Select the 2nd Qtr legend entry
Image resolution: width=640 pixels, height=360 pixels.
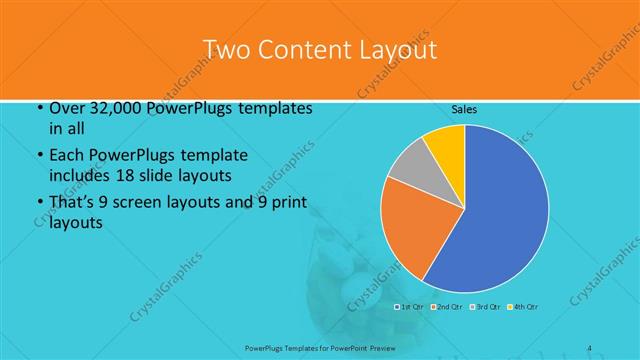click(446, 306)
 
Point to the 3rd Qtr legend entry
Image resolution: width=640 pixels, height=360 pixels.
click(484, 306)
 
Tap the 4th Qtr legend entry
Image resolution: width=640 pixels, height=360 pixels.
click(523, 306)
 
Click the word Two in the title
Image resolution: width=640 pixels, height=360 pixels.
click(228, 50)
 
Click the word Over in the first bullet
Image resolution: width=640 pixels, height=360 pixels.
click(66, 109)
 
